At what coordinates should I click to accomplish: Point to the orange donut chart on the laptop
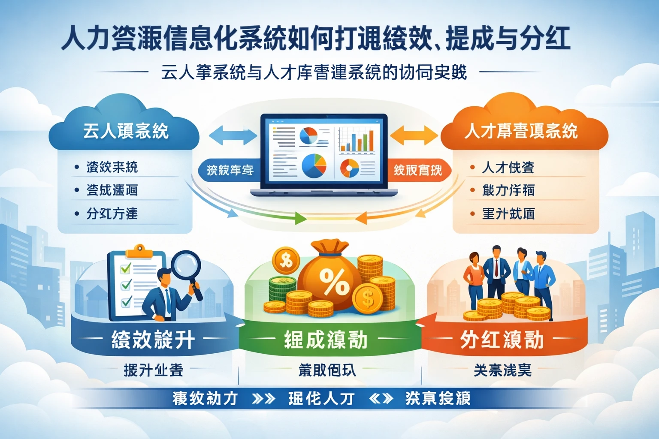pos(349,168)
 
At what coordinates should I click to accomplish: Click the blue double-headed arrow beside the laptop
pos(233,135)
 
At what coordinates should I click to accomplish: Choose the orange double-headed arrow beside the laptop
pos(414,135)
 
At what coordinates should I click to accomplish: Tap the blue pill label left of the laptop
pos(230,170)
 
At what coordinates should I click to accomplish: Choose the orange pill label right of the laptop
pos(417,170)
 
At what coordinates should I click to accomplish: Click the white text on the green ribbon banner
pos(326,340)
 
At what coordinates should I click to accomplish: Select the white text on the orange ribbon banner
pos(502,340)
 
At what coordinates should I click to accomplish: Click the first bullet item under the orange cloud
pos(508,167)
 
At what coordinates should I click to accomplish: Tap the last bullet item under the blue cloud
pos(112,213)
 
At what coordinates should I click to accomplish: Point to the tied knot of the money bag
pos(329,253)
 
